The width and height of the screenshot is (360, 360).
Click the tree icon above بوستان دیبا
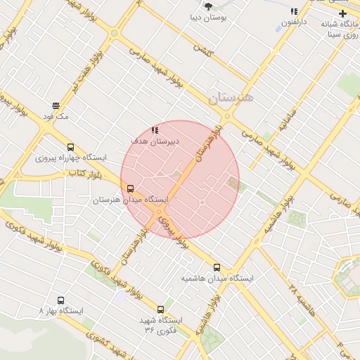[x=208, y=6]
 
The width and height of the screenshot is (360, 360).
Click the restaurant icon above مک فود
[x=55, y=106]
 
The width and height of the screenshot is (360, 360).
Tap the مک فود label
[x=55, y=117]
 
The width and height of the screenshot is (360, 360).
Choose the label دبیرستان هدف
[x=155, y=141]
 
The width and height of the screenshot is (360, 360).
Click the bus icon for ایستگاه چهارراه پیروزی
[x=70, y=148]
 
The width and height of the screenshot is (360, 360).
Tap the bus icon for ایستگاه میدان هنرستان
[x=130, y=188]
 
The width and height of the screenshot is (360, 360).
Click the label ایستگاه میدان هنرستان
[x=131, y=200]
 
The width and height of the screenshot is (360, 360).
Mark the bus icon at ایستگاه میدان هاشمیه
[x=217, y=267]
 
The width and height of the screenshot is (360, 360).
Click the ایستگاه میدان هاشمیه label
[x=217, y=278]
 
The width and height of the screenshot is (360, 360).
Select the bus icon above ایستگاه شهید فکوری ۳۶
[x=161, y=309]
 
